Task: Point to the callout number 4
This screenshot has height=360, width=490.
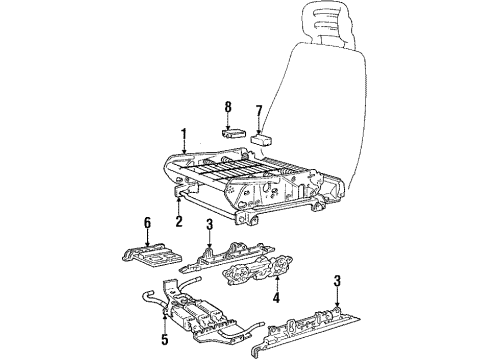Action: pyautogui.click(x=247, y=296)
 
